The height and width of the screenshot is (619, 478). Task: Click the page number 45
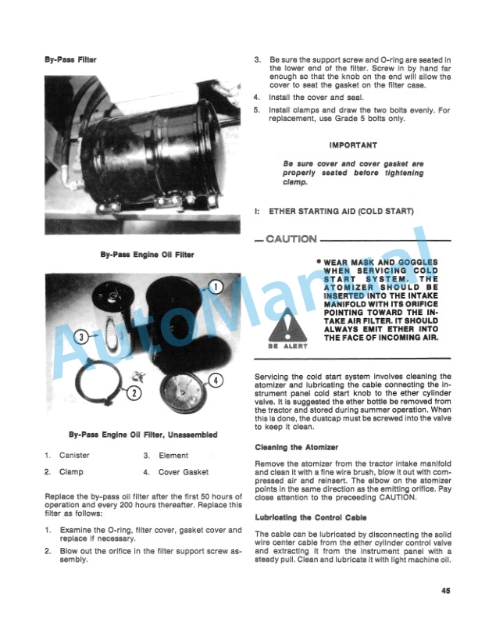point(444,591)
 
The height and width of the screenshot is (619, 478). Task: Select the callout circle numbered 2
point(134,392)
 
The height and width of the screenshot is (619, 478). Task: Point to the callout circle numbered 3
point(81,338)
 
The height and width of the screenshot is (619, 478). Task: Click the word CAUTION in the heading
point(292,239)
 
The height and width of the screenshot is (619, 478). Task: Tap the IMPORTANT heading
point(353,145)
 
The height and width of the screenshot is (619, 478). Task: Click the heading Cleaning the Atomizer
point(296,447)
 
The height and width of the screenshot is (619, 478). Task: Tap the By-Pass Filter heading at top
point(71,60)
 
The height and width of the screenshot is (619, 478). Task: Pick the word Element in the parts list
point(173,455)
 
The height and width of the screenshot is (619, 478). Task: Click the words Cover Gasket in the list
point(185,472)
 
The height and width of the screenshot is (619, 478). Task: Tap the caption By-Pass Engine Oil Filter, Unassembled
point(142,435)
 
